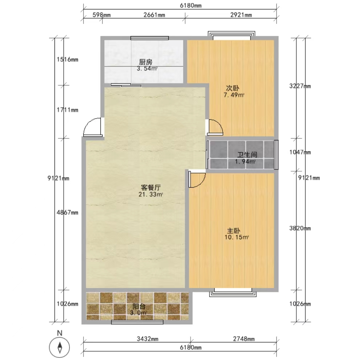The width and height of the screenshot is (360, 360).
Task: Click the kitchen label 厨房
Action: [145, 62]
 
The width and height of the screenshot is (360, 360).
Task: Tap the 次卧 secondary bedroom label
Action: [233, 88]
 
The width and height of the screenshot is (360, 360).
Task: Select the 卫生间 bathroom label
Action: [247, 155]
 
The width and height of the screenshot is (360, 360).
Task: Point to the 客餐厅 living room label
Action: [151, 188]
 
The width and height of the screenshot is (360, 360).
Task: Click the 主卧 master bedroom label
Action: [234, 231]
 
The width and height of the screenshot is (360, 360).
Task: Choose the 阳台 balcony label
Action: [139, 306]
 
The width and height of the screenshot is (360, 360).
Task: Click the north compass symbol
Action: [60, 347]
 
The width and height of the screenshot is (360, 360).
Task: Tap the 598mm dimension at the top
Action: [101, 15]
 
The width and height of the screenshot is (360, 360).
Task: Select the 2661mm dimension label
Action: [154, 15]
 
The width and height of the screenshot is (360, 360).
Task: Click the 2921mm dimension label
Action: [241, 15]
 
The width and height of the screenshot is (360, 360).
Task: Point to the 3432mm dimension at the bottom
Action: [148, 339]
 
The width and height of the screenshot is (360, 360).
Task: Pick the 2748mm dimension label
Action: [244, 339]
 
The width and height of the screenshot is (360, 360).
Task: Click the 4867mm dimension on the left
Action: [68, 213]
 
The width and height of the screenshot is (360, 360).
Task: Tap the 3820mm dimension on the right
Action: [300, 228]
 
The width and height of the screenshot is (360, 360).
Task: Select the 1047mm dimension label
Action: [300, 152]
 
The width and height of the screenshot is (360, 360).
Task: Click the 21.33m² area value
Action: [151, 195]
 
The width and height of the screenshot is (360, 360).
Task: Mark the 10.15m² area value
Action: [237, 237]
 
